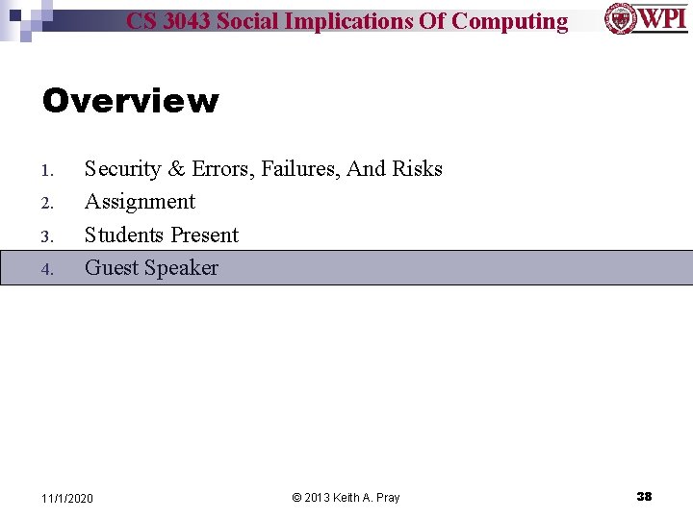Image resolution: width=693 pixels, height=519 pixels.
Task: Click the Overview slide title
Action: point(130,101)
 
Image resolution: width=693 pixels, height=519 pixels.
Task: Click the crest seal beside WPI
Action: point(619,18)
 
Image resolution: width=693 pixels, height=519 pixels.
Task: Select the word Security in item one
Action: point(122,169)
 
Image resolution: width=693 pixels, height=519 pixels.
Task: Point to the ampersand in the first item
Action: point(176,169)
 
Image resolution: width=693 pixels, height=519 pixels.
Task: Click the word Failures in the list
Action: point(300,169)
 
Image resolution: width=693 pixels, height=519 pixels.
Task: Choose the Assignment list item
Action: point(140,202)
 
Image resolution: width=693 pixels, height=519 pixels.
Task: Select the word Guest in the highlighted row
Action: point(110,268)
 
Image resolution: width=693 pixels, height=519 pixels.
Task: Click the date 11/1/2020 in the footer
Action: point(67,498)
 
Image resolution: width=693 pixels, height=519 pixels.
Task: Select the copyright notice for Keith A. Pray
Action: point(346,498)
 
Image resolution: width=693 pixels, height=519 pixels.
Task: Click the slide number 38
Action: point(644,497)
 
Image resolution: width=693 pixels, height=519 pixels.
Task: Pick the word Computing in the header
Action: point(509,21)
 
